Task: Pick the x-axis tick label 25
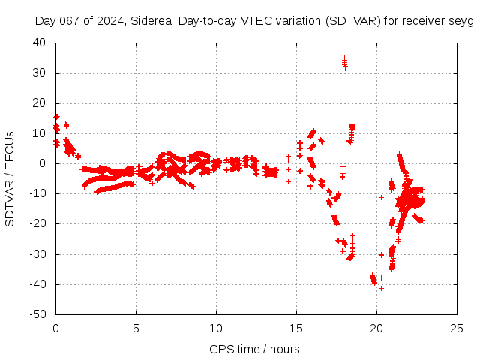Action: click(x=457, y=328)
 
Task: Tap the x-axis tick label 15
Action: click(x=296, y=328)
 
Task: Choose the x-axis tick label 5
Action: click(x=136, y=328)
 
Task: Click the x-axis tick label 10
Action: click(x=216, y=328)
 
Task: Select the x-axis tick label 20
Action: click(x=376, y=328)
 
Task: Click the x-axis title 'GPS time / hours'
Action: click(x=254, y=349)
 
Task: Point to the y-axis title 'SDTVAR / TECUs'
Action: click(x=10, y=178)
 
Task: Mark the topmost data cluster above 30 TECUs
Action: click(x=345, y=62)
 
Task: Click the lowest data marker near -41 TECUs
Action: click(x=381, y=288)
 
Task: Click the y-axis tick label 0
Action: click(x=43, y=163)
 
